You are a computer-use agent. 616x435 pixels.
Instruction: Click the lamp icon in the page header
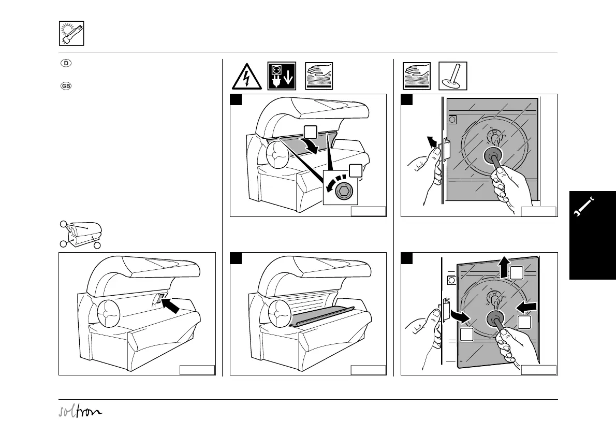click(x=71, y=34)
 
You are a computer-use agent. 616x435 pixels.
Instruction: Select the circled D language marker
click(x=66, y=64)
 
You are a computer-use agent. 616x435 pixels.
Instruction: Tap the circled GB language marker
click(x=66, y=85)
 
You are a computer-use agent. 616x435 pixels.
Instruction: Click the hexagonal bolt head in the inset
click(x=342, y=192)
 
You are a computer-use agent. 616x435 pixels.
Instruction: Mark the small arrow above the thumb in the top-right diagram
click(x=430, y=141)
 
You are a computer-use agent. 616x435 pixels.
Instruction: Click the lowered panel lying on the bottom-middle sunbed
click(x=321, y=316)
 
